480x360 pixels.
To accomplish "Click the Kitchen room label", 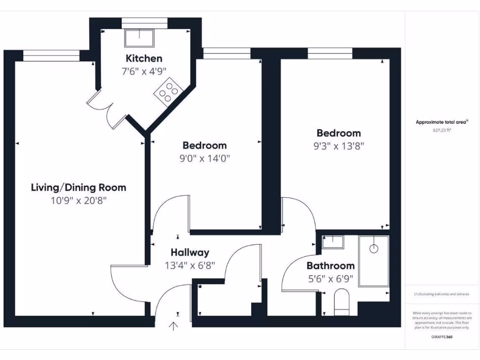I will pyautogui.click(x=144, y=59).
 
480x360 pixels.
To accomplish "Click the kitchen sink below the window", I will pyautogui.click(x=139, y=37).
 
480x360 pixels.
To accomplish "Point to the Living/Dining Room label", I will pyautogui.click(x=78, y=187).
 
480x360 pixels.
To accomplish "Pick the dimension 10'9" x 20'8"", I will pyautogui.click(x=78, y=201).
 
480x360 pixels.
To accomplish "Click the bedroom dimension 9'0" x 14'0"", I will pyautogui.click(x=204, y=158).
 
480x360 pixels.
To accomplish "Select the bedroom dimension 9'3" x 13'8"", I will pyautogui.click(x=338, y=146).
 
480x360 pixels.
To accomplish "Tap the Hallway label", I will pyautogui.click(x=190, y=253).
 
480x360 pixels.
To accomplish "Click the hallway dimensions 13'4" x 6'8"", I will pyautogui.click(x=190, y=265).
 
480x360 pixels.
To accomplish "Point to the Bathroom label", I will pyautogui.click(x=330, y=266).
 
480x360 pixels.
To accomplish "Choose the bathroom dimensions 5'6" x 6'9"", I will pyautogui.click(x=330, y=279).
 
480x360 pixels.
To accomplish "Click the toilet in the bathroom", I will pyautogui.click(x=342, y=301).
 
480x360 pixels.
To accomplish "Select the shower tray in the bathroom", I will pyautogui.click(x=374, y=261).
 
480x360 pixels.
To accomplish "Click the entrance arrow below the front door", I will pyautogui.click(x=173, y=326).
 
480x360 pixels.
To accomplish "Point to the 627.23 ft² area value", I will pyautogui.click(x=442, y=131).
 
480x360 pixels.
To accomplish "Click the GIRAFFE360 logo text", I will pyautogui.click(x=442, y=337).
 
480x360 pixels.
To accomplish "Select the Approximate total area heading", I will pyautogui.click(x=442, y=122).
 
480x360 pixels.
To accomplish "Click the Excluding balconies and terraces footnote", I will pyautogui.click(x=442, y=294).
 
